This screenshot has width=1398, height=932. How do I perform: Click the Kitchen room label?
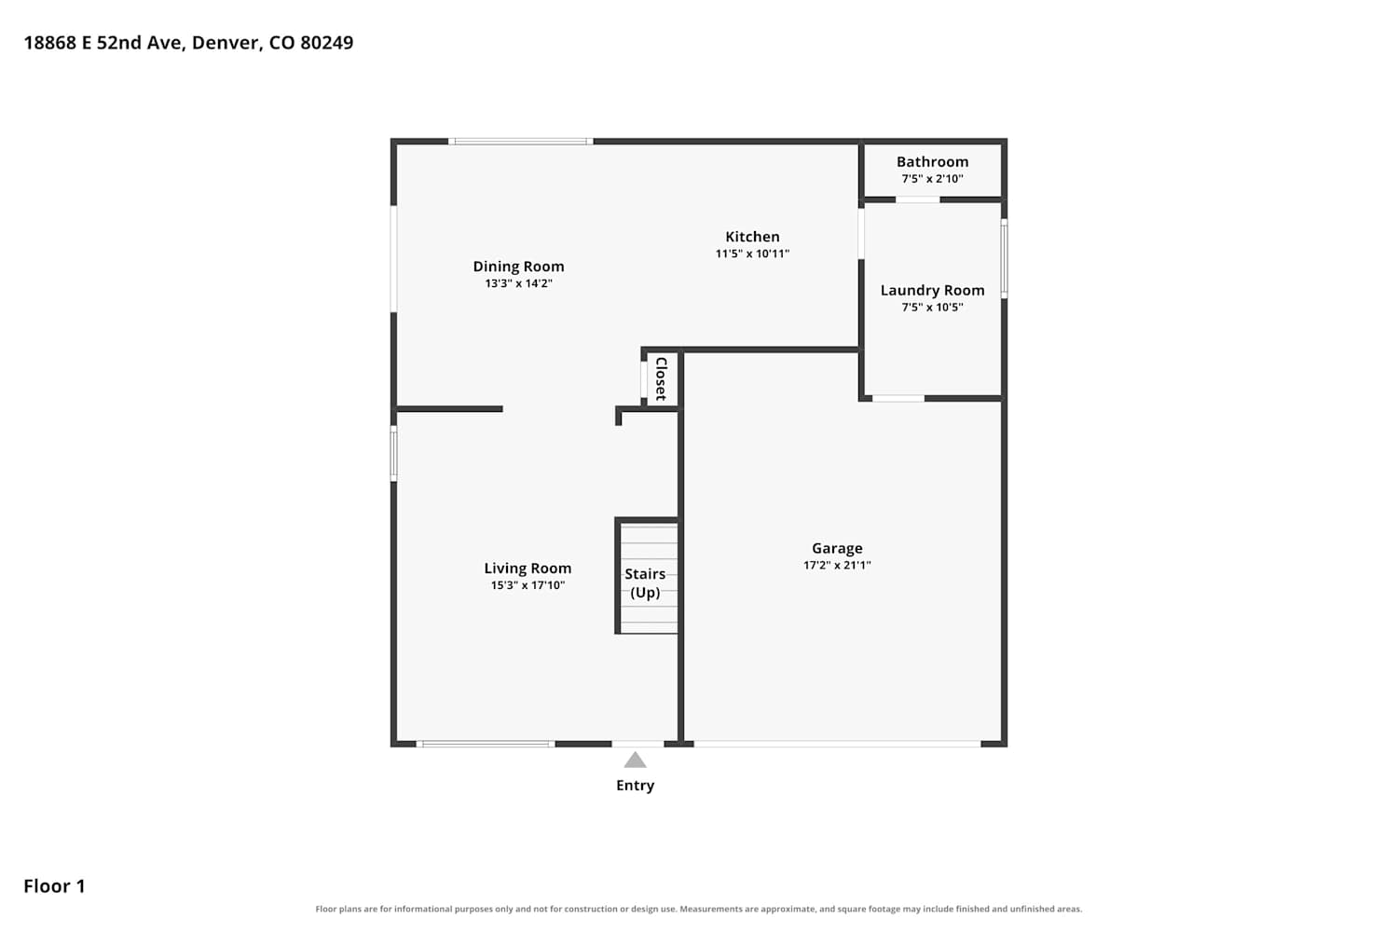click(752, 237)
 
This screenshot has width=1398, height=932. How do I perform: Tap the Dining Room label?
click(518, 267)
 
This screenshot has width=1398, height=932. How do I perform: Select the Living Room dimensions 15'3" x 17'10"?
click(528, 585)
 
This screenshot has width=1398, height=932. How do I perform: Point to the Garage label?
click(837, 548)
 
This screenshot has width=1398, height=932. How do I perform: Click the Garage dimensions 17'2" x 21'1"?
click(837, 565)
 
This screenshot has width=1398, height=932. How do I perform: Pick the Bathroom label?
click(932, 161)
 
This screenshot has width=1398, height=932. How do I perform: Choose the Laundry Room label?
click(932, 290)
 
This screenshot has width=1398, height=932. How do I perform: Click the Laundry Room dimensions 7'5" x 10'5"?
click(932, 308)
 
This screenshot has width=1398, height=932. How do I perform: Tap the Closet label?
click(662, 379)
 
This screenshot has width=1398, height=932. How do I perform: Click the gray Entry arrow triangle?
click(636, 761)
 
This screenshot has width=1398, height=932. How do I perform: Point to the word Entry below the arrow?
click(636, 786)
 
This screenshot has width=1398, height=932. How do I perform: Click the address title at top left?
click(188, 43)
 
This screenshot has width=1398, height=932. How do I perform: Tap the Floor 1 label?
click(54, 885)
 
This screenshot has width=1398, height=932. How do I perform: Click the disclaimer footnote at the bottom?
click(699, 909)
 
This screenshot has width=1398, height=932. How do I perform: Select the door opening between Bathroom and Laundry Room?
click(917, 199)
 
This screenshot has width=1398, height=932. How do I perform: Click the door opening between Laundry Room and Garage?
click(898, 398)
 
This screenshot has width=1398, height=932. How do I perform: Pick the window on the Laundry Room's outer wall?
click(1004, 258)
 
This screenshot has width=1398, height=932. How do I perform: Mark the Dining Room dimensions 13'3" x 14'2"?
click(518, 283)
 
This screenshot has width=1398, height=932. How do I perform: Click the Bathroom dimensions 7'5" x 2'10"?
click(932, 179)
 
